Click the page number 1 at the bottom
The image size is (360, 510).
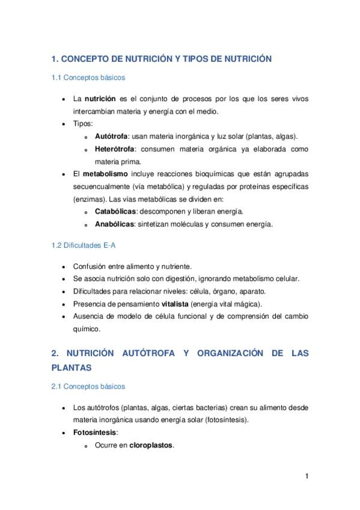307,477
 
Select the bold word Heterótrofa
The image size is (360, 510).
115,149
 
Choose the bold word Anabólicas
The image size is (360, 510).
115,224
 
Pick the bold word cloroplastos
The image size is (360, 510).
151,445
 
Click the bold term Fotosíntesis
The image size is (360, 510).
94,432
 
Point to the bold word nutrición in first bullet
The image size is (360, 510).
100,98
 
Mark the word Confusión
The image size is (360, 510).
89,266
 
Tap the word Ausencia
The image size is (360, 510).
88,316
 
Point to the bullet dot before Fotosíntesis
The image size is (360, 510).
64,433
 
